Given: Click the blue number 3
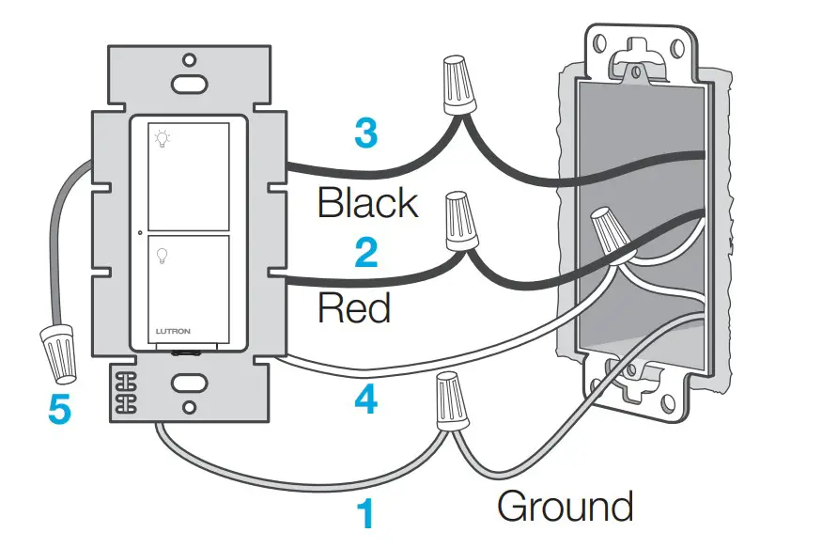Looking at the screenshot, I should pyautogui.click(x=365, y=134).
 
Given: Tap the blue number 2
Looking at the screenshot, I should pyautogui.click(x=365, y=253).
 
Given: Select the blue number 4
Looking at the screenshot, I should pyautogui.click(x=365, y=401).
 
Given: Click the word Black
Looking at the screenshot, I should pyautogui.click(x=367, y=202).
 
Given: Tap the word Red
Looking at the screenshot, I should pyautogui.click(x=354, y=307).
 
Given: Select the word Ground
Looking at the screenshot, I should pyautogui.click(x=565, y=507).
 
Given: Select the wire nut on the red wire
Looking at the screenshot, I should pyautogui.click(x=459, y=220).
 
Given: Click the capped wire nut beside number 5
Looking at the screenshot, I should pyautogui.click(x=58, y=352).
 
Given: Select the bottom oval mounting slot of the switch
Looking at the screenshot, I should pyautogui.click(x=189, y=383).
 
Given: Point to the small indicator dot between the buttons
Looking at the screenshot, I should pyautogui.click(x=139, y=232).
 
